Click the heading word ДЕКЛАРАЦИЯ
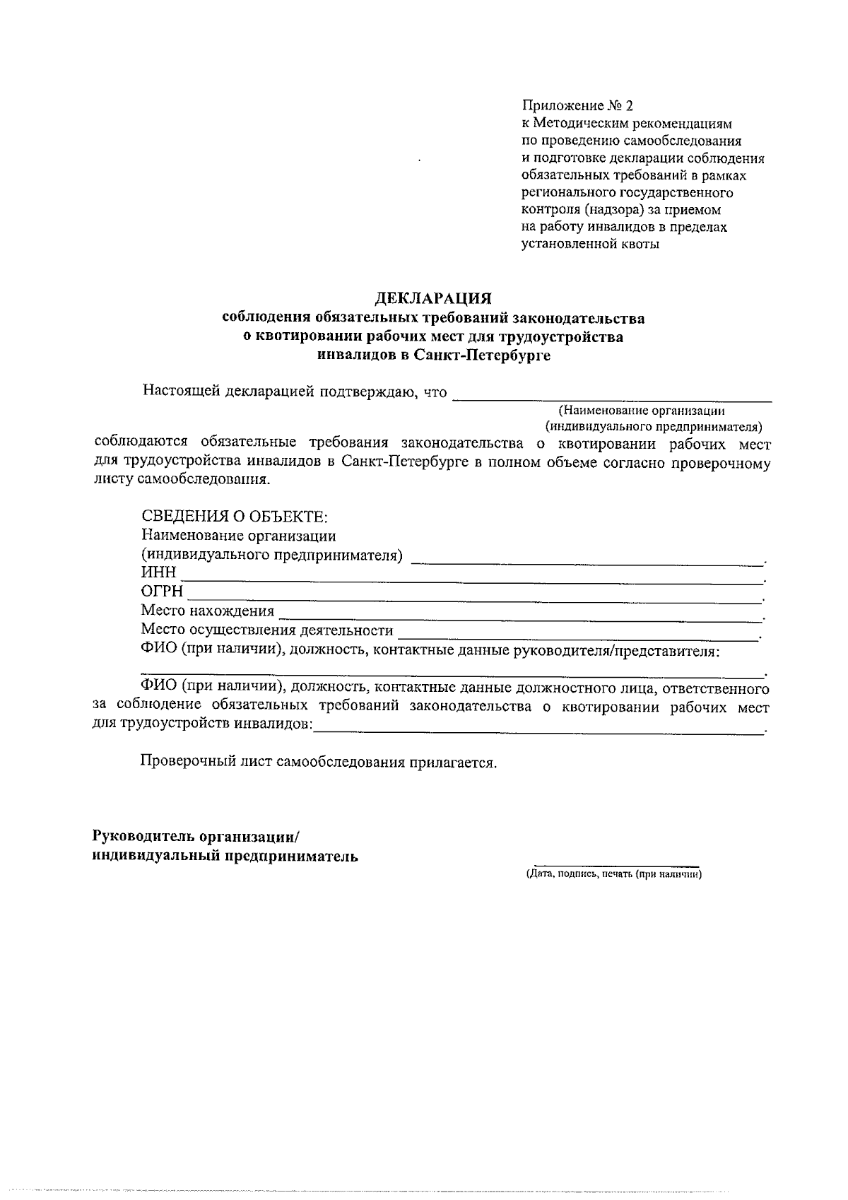click(433, 299)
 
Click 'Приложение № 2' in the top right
click(577, 107)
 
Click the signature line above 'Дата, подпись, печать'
click(616, 864)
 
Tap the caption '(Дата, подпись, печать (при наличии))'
click(613, 874)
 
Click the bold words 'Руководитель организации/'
click(196, 837)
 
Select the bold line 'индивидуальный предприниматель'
click(225, 857)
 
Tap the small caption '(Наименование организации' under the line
click(642, 411)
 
